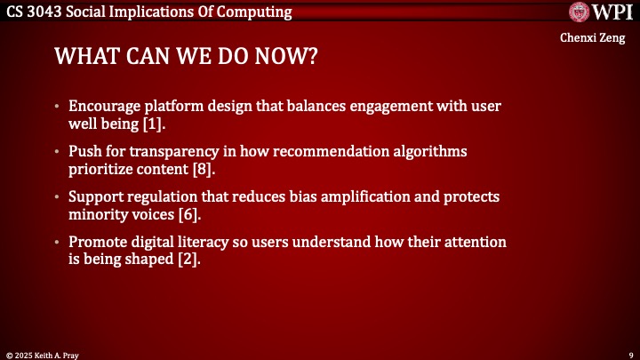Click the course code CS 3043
35,12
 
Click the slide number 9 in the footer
629,354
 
